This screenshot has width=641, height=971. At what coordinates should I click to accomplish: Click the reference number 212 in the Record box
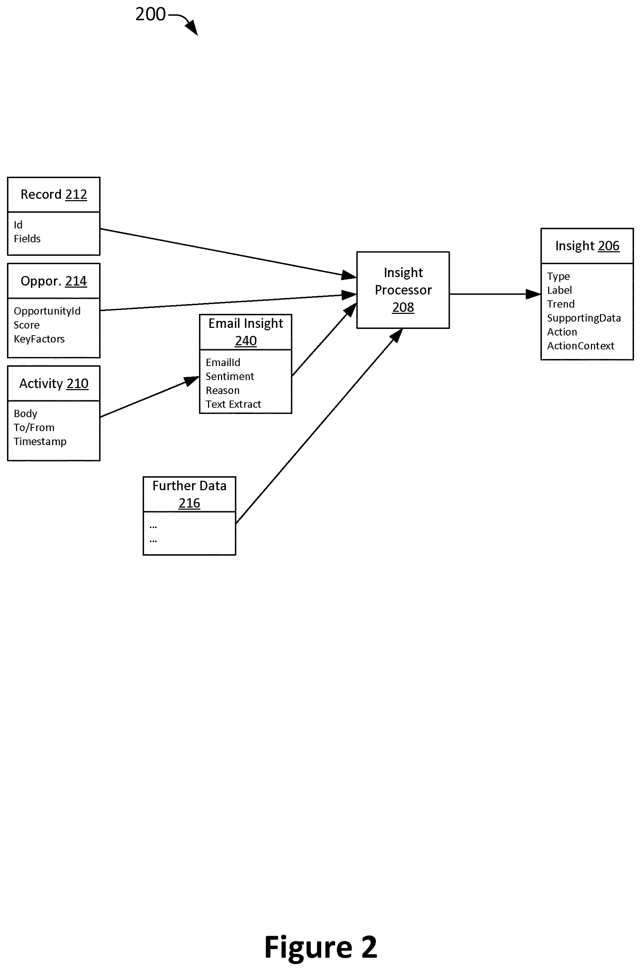coord(76,194)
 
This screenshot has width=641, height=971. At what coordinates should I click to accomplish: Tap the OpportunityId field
coord(47,311)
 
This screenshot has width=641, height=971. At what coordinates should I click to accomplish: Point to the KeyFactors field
coord(39,339)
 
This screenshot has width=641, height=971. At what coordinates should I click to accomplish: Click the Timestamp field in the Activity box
coord(40,441)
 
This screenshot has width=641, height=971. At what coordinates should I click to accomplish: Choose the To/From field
coord(34,428)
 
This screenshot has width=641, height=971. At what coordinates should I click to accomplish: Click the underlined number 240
coord(246,340)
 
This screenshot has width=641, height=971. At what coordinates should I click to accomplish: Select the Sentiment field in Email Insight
coord(230,377)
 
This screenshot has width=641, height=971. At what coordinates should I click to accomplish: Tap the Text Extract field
coord(233,404)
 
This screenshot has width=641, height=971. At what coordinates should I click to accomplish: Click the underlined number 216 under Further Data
coord(189,503)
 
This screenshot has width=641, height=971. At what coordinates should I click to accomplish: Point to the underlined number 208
coord(403,307)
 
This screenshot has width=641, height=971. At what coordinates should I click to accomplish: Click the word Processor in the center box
coord(403,290)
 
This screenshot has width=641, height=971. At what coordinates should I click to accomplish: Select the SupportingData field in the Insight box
coord(584,318)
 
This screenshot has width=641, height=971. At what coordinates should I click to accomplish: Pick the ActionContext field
coord(580,346)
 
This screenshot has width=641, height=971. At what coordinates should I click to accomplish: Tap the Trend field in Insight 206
coord(561,304)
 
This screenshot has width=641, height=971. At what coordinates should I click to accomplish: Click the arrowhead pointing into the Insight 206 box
coord(533,294)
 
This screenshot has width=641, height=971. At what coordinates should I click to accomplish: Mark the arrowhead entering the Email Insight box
coord(192,381)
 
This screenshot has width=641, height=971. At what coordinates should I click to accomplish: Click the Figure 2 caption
coord(320,947)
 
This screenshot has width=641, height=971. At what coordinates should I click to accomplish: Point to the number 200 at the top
coord(150,14)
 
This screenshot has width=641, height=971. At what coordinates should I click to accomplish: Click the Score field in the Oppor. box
coord(27,325)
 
